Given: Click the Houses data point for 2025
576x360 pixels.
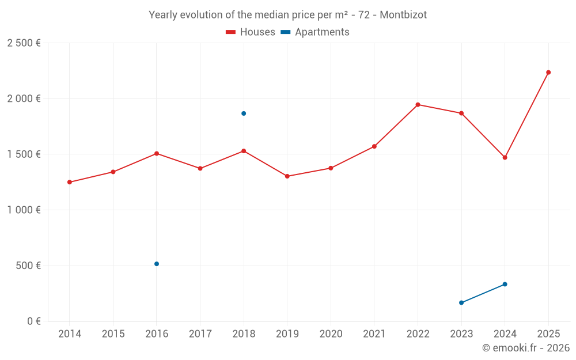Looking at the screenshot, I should click(548, 73).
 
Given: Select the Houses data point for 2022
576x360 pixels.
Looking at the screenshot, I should click(418, 105).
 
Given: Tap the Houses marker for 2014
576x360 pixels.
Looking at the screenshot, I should click(70, 182).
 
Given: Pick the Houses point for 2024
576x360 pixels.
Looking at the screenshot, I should click(505, 157).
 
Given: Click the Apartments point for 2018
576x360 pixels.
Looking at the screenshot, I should click(244, 113).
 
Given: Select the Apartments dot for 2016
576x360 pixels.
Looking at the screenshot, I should click(157, 264).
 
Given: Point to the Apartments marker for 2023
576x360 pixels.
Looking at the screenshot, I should click(461, 302).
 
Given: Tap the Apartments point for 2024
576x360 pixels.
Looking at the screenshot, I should click(505, 284).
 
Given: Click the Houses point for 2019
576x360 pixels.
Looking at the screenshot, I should click(287, 176).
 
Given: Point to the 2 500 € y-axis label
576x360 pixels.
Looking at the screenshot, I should click(24, 43).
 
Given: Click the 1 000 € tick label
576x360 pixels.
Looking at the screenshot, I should click(24, 210).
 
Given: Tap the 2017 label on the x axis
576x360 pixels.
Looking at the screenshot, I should click(200, 334).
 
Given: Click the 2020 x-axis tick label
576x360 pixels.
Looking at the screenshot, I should click(331, 334).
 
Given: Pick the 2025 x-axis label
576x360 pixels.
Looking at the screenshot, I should click(548, 334).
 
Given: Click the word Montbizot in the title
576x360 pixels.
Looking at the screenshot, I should click(404, 15).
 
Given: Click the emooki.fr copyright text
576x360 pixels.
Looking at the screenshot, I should click(526, 348).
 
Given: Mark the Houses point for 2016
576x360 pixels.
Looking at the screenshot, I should click(157, 154).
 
